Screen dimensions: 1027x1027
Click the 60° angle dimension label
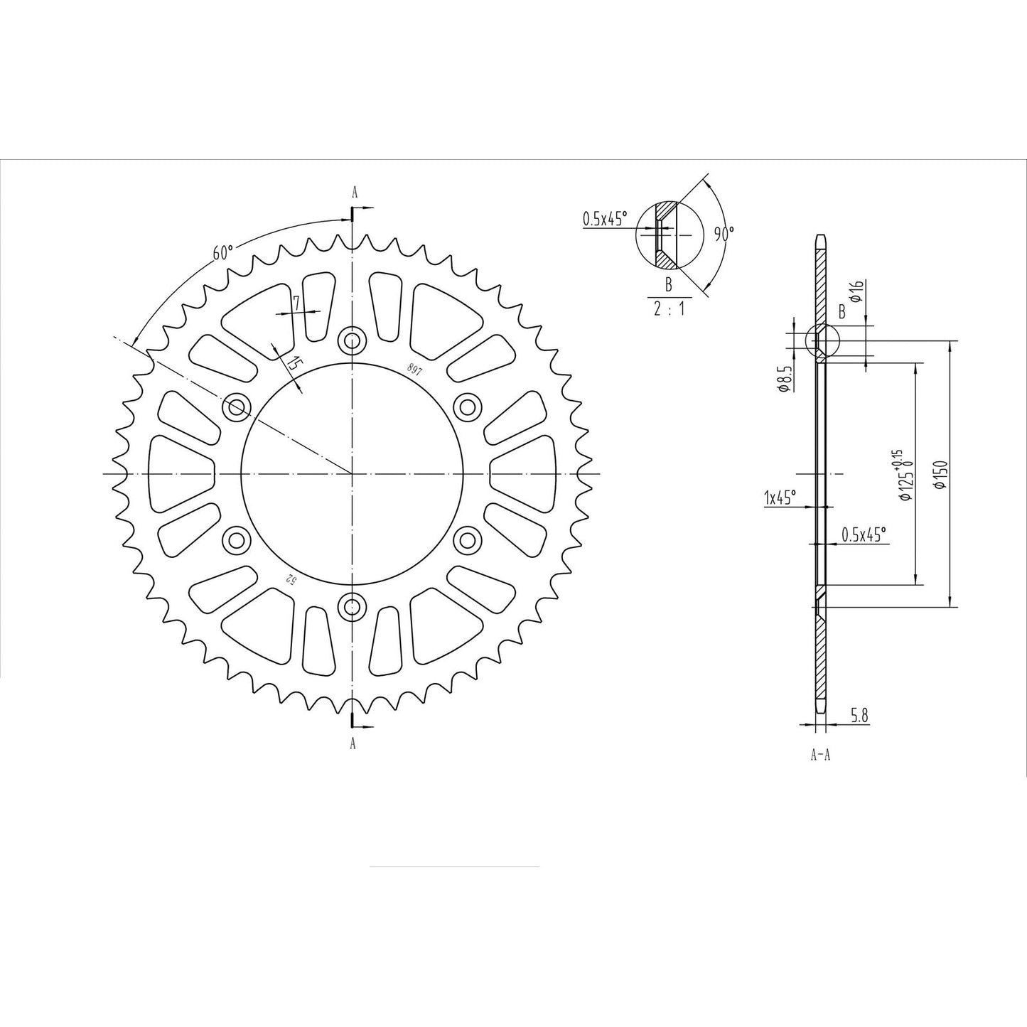click(222, 253)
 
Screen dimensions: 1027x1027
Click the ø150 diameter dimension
click(940, 475)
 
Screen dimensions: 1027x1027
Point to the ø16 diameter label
click(857, 291)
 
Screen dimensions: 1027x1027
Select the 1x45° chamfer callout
click(780, 497)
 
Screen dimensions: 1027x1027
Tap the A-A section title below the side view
click(820, 755)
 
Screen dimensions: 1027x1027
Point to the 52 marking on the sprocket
click(290, 578)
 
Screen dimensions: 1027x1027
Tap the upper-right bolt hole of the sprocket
click(467, 407)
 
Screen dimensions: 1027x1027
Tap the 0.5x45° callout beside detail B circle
click(603, 219)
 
